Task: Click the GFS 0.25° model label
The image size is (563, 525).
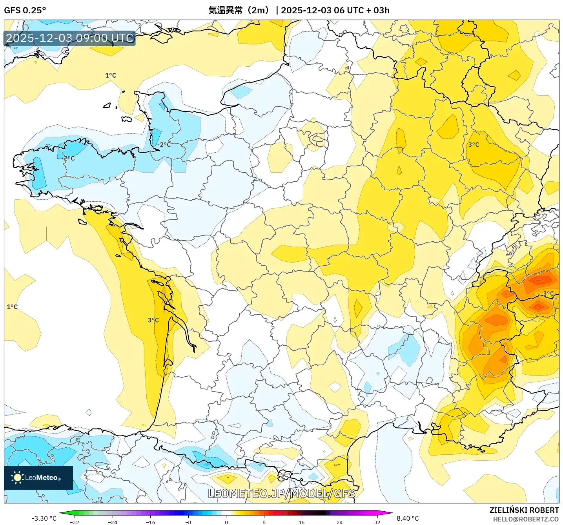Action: (25, 10)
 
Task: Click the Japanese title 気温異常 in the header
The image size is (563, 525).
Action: (225, 10)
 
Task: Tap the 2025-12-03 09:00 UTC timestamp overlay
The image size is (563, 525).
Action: (70, 38)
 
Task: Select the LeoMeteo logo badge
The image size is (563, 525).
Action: (38, 478)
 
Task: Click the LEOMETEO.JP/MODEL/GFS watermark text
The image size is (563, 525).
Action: (281, 494)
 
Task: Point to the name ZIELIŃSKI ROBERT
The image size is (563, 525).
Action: (524, 510)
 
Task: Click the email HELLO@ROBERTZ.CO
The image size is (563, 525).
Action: (526, 519)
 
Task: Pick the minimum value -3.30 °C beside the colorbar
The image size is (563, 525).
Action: (44, 518)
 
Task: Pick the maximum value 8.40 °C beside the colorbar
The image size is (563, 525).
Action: (408, 518)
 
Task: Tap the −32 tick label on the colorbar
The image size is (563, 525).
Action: (74, 522)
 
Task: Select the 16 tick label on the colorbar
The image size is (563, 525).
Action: (301, 522)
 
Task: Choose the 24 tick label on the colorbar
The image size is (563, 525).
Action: (339, 522)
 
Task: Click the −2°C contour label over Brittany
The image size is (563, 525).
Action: (69, 159)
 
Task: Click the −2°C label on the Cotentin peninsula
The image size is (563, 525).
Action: (164, 144)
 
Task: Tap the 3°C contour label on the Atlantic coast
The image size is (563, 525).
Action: (153, 320)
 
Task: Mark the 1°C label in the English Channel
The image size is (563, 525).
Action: (111, 75)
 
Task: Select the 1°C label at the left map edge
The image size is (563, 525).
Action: (12, 307)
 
